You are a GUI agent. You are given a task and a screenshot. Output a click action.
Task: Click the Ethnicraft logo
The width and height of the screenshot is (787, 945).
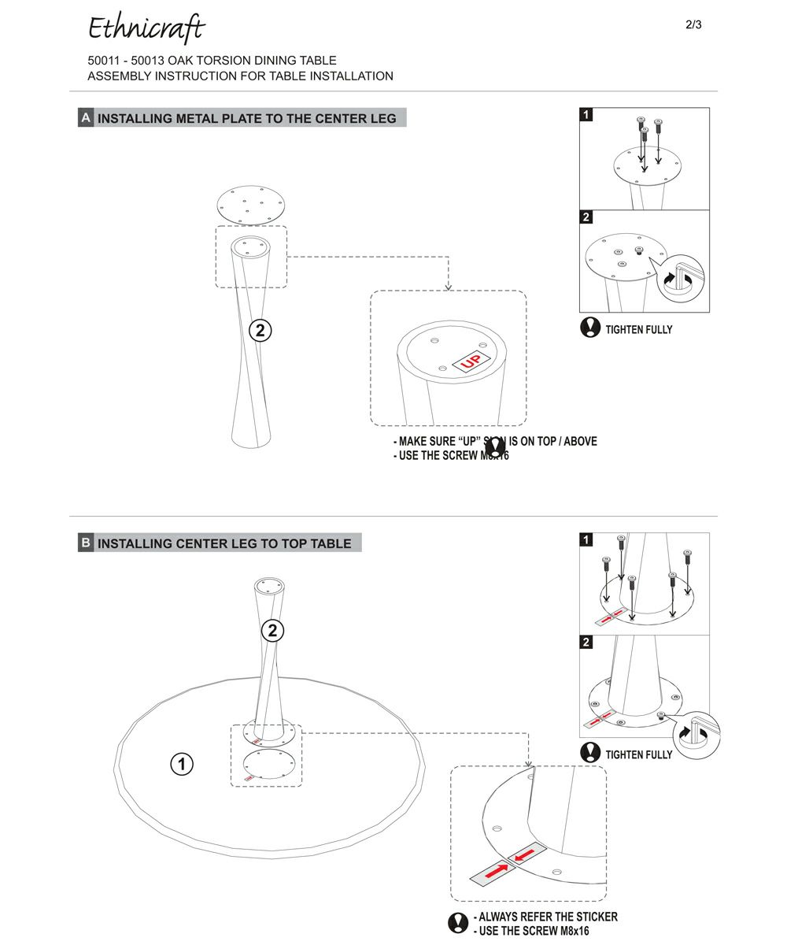[x=146, y=29]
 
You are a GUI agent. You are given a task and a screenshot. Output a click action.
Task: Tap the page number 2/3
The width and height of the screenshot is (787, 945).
[x=693, y=24]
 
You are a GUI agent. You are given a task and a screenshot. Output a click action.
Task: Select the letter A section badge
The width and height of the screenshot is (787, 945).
[x=86, y=118]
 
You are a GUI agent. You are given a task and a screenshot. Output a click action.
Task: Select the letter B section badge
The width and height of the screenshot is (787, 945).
[x=86, y=543]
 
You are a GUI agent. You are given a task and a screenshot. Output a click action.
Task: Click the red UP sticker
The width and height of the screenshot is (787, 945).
[x=471, y=362]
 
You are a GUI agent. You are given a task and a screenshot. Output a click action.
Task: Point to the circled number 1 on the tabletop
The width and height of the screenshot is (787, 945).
[x=182, y=763]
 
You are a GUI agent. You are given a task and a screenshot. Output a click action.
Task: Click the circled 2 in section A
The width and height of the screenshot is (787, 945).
[x=260, y=331]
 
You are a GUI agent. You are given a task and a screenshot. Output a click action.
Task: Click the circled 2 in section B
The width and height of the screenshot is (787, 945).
[x=272, y=630]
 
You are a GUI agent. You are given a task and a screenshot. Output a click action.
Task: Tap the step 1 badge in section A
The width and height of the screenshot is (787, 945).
[x=586, y=115]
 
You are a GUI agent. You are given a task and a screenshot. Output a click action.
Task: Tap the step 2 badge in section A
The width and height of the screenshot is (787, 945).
[x=586, y=217]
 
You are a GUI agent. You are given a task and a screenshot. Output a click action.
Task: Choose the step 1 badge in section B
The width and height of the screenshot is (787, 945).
[x=586, y=540]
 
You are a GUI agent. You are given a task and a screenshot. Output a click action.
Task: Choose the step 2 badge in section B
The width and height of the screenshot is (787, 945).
[x=586, y=643]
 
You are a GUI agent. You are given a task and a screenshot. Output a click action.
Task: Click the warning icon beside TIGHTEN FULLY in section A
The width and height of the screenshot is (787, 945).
[x=590, y=328]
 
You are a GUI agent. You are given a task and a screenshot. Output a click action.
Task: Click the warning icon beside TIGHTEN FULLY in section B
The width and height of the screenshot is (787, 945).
[x=590, y=753]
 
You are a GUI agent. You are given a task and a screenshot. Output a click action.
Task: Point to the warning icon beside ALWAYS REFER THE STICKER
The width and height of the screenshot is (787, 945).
[x=458, y=923]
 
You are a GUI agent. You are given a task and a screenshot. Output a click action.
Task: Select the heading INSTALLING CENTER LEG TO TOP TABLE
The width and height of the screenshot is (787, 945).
[x=224, y=543]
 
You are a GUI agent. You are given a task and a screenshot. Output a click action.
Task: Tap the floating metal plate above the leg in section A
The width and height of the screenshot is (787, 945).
[x=250, y=205]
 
